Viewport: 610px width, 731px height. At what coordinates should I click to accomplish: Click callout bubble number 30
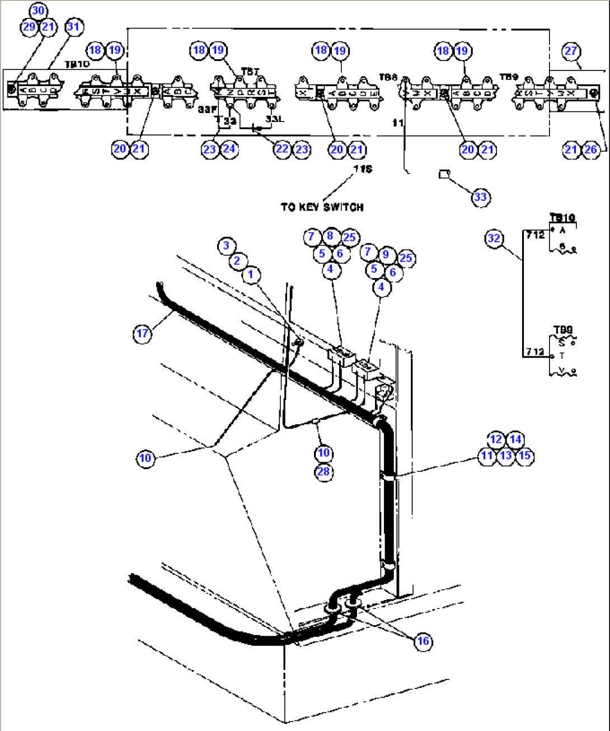pos(38,11)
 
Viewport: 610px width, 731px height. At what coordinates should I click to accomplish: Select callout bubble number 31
pos(73,26)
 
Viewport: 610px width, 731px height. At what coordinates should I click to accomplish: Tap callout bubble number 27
pos(570,51)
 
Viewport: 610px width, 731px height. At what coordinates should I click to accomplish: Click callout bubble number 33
pos(480,197)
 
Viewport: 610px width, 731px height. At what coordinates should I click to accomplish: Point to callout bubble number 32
pos(494,238)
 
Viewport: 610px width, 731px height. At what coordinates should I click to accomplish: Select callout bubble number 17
pos(143,334)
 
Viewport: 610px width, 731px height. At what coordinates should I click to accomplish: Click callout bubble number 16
pos(423,641)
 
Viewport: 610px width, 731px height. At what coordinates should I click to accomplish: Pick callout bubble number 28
pos(323,471)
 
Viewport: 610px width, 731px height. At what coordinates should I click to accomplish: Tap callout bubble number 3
pos(226,245)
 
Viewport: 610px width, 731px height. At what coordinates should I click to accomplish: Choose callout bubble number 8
pos(330,236)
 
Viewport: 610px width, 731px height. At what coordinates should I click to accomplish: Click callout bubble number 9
pos(386,255)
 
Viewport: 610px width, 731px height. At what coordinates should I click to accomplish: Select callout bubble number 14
pos(515,439)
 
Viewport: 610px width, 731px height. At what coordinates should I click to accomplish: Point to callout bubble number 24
pos(229,149)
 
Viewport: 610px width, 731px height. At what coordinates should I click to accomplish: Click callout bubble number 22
pos(282,149)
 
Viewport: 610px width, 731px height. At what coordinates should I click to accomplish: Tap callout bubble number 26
pos(590,149)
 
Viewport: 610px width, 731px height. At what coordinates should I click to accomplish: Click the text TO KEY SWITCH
pos(322,207)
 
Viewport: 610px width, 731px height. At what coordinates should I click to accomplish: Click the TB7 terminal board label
pos(250,72)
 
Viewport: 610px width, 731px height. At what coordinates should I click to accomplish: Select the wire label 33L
pos(275,119)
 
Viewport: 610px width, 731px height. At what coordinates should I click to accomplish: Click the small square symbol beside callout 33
pos(444,174)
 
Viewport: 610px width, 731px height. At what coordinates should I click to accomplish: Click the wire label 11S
pos(363,168)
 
